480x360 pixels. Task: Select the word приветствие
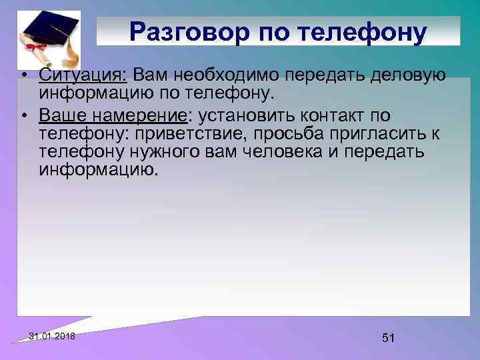(x=204, y=135)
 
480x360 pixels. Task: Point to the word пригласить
(x=388, y=135)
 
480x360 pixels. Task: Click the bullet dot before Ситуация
(x=24, y=75)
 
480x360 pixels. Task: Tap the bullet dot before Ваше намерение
(x=24, y=118)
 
